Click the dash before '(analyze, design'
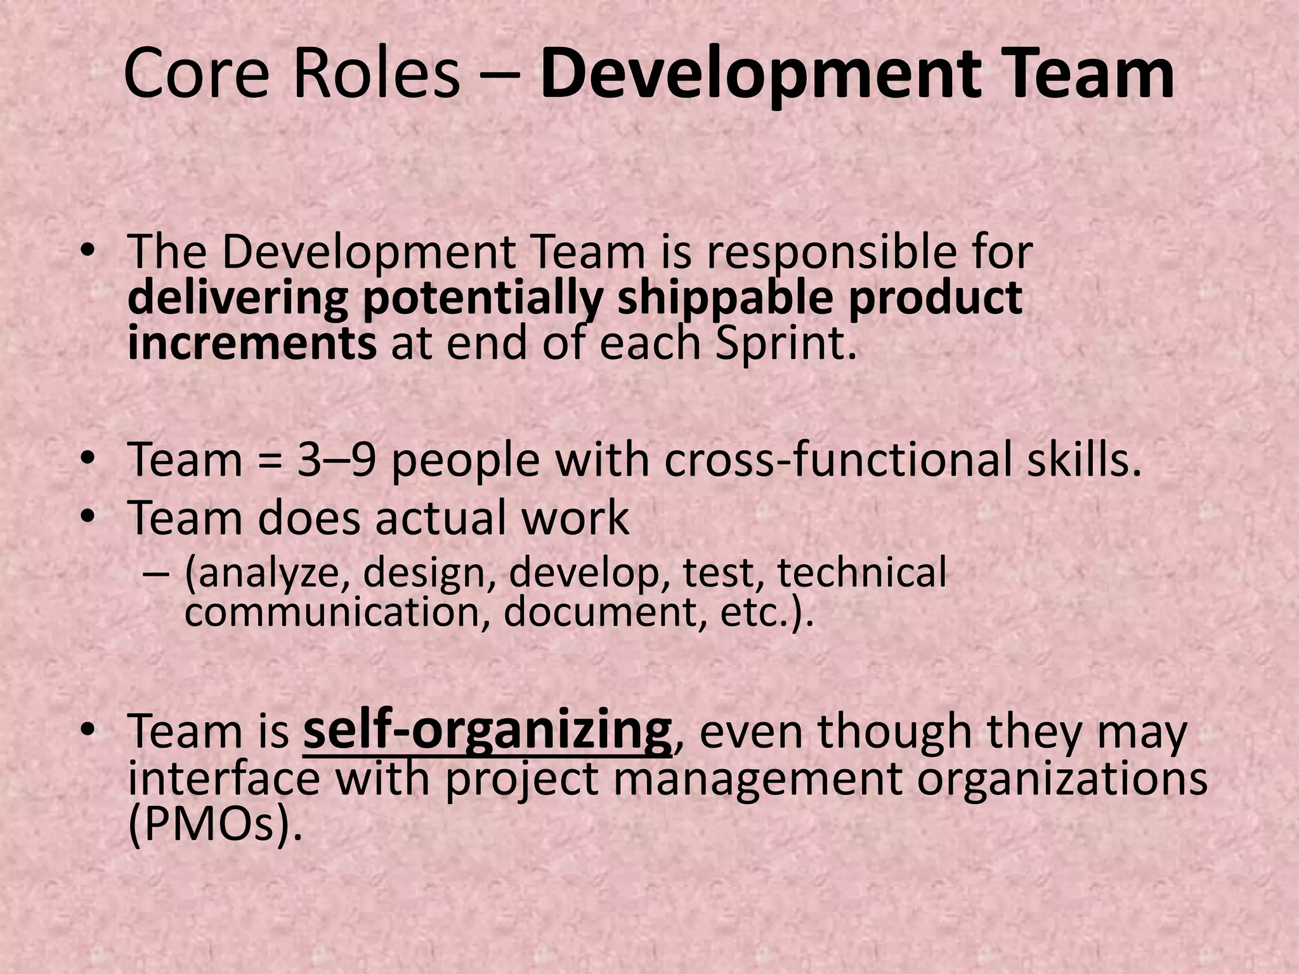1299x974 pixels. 157,573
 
